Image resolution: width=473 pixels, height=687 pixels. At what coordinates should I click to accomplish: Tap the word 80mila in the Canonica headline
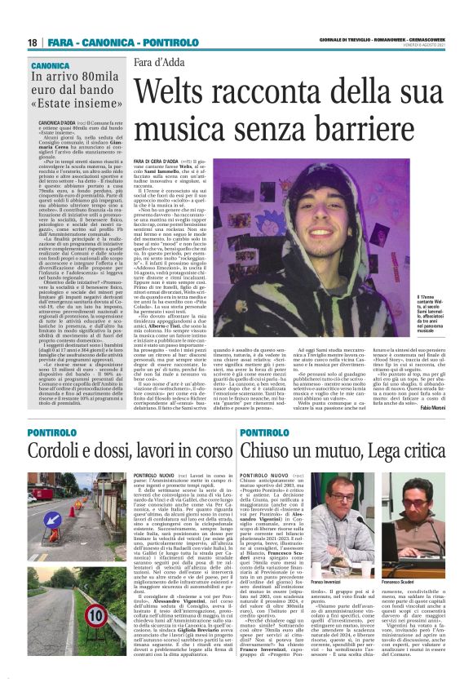(x=95, y=78)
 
